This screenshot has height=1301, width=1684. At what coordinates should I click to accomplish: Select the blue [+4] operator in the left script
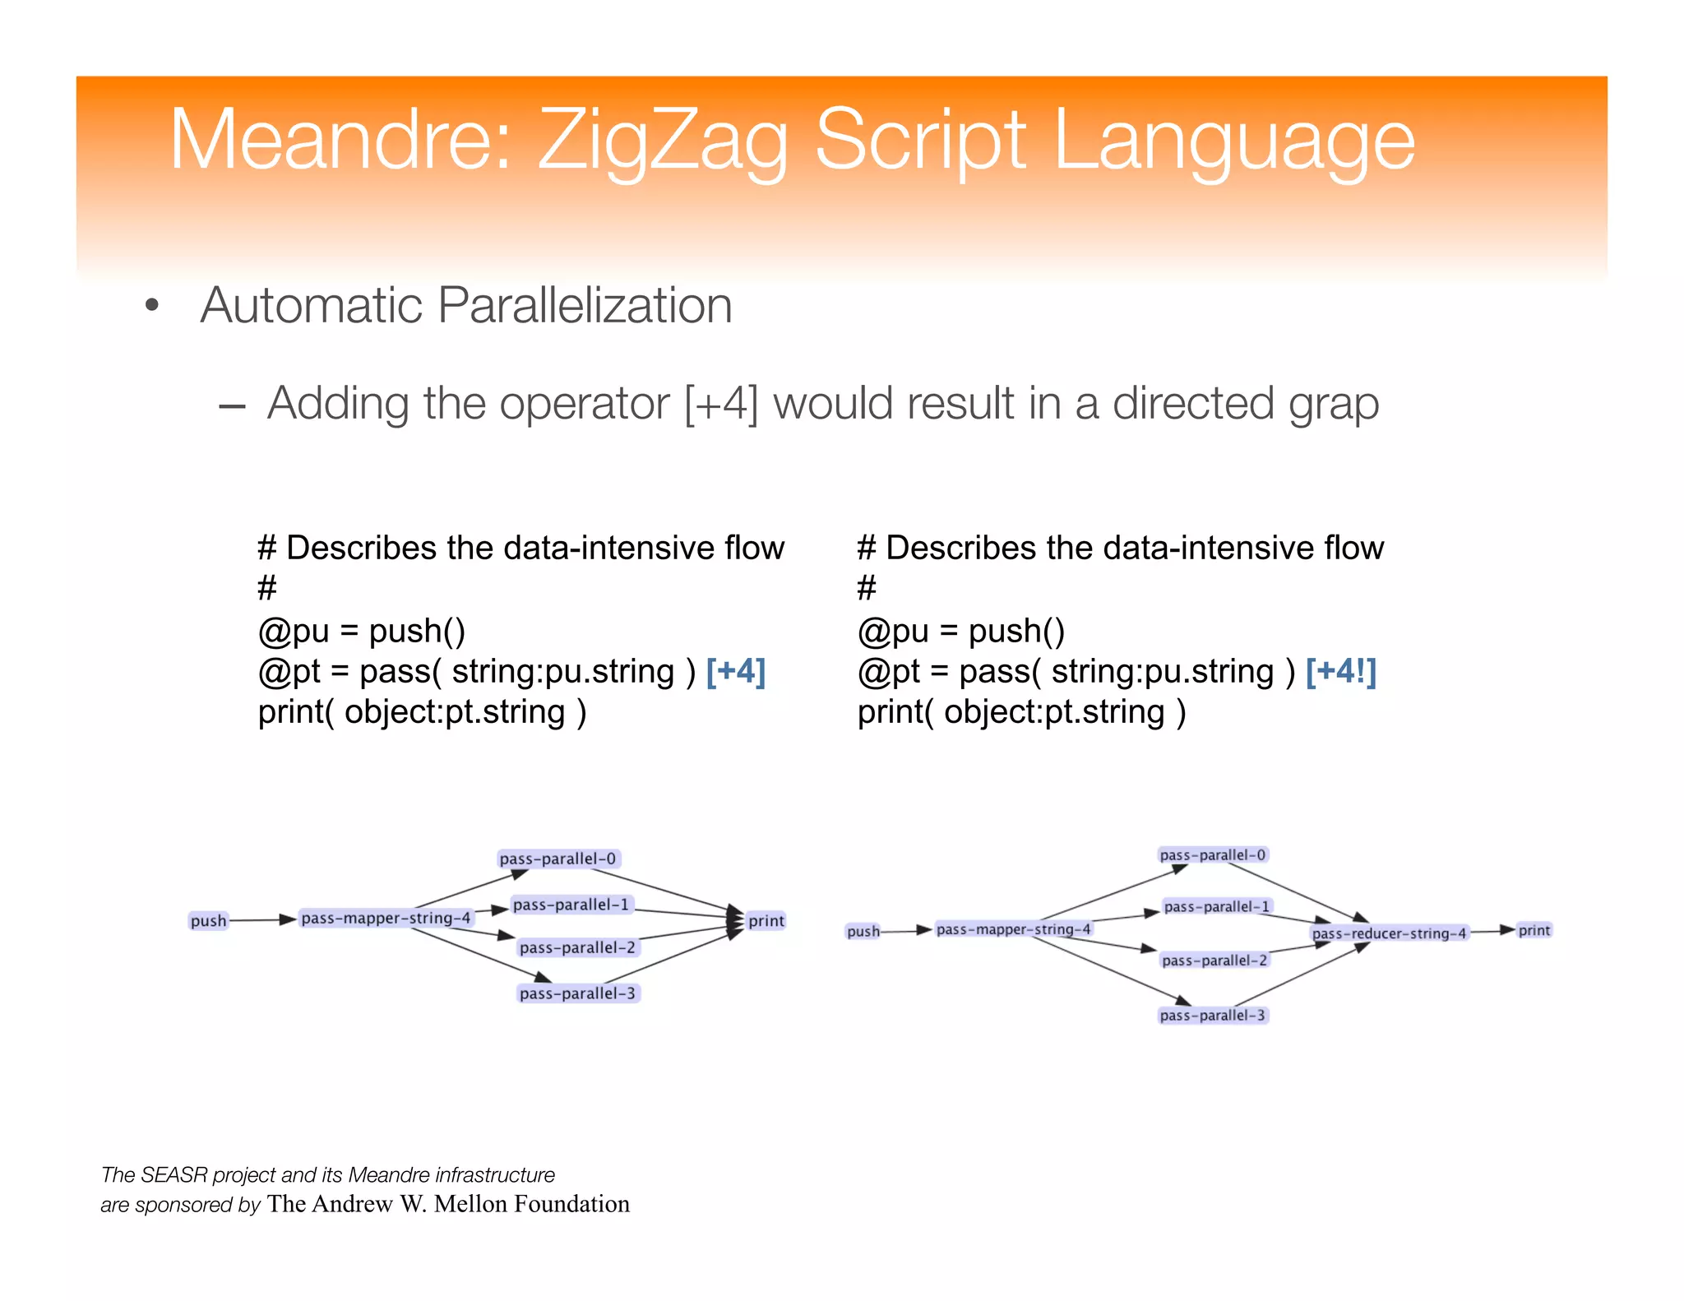point(736,671)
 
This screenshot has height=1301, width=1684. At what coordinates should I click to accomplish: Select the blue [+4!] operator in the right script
point(1340,671)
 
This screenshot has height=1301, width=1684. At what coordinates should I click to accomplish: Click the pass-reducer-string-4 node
point(1389,933)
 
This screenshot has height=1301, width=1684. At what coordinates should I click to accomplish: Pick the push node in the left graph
point(208,921)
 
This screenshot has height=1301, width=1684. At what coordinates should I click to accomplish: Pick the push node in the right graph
point(863,932)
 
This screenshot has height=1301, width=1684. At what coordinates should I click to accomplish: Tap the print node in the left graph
point(766,921)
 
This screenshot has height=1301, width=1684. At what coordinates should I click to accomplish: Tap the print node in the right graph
point(1534,930)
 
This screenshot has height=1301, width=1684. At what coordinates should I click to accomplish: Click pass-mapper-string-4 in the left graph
point(386,918)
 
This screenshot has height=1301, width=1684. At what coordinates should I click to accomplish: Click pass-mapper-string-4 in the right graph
point(1014,929)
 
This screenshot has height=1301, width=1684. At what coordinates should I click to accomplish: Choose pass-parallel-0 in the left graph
point(557,859)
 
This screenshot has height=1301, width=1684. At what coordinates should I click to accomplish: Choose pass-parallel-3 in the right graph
point(1213,1016)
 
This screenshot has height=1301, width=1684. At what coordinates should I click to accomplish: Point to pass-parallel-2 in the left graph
point(577,947)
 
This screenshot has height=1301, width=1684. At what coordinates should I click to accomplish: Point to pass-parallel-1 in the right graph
point(1217,906)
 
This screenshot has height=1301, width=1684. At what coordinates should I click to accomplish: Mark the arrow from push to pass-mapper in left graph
point(261,920)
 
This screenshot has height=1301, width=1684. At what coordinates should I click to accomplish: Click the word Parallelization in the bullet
point(584,306)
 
